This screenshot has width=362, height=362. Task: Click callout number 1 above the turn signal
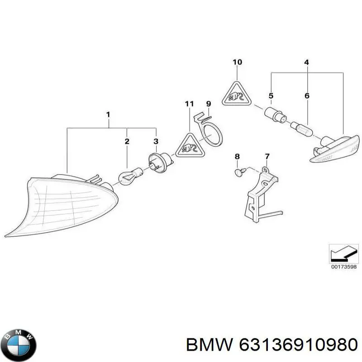tap(108, 114)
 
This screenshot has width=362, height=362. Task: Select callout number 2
tap(127, 142)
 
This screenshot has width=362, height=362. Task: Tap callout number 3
tap(156, 142)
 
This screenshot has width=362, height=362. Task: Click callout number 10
tap(237, 62)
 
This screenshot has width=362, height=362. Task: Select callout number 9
tap(209, 104)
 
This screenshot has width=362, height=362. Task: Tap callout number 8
tap(237, 157)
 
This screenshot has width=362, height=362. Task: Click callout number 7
tap(267, 157)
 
